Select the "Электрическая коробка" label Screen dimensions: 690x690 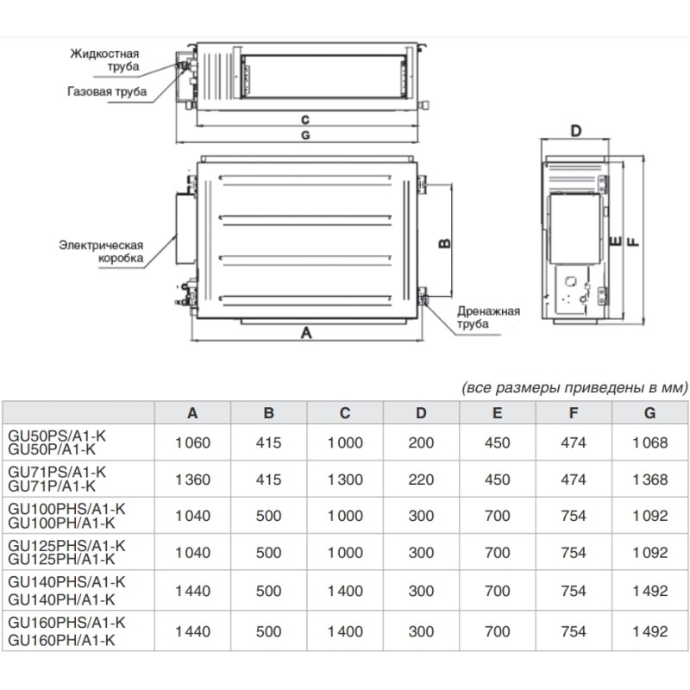100,252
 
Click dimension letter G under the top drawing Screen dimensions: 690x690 305,136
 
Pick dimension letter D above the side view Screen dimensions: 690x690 576,130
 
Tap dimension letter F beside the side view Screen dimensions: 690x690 634,241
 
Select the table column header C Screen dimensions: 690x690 344,413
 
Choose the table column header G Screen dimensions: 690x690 649,413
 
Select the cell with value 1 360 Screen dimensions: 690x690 192,480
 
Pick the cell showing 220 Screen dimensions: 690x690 421,480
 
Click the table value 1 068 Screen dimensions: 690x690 649,442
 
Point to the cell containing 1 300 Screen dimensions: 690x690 344,480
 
